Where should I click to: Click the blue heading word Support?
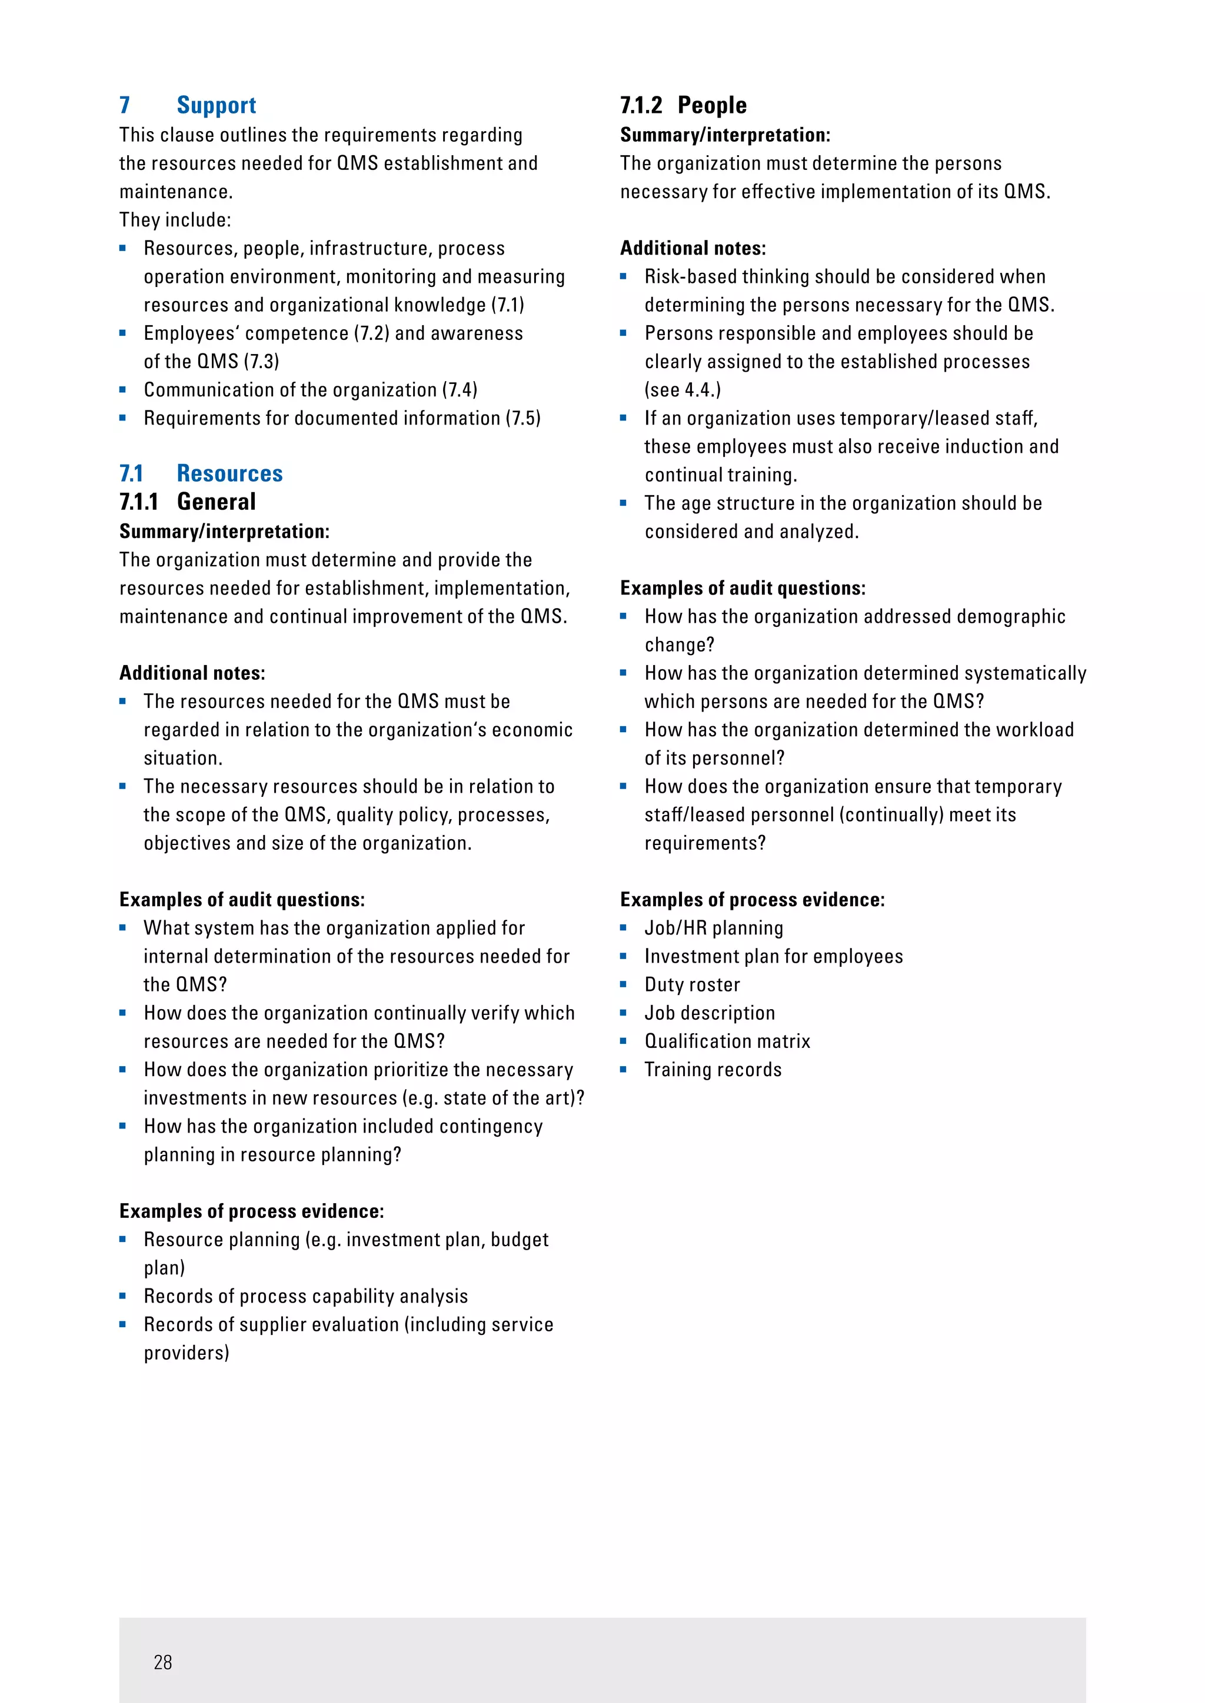216,105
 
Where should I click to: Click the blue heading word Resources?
229,473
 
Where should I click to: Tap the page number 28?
162,1662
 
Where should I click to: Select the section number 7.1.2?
641,105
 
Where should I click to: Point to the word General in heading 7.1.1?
216,502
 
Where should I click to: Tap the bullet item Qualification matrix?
727,1041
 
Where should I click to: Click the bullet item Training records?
713,1070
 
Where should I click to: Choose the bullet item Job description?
710,1013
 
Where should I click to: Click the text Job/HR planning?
713,928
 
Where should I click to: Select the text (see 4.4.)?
682,390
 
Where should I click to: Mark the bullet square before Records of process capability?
123,1296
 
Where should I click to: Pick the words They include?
175,221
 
